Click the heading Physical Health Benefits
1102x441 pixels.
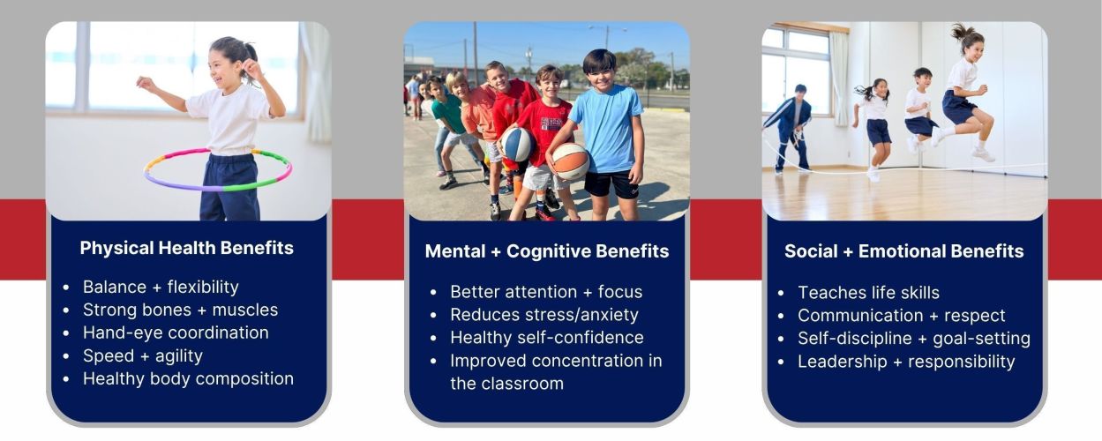(x=186, y=248)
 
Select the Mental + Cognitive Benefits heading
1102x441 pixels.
(x=546, y=250)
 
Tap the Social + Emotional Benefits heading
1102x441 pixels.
(x=903, y=250)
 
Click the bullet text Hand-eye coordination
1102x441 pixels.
(x=176, y=333)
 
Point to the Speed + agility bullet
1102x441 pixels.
(x=143, y=355)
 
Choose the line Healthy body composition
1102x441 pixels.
(x=188, y=378)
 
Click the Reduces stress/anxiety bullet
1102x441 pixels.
(x=544, y=315)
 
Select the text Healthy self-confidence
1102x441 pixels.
(x=546, y=337)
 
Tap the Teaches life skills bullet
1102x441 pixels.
(x=868, y=293)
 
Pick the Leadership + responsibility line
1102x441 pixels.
(x=906, y=362)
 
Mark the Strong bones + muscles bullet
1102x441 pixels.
(x=180, y=310)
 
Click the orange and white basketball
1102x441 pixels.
(x=571, y=161)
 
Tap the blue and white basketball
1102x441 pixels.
(x=517, y=144)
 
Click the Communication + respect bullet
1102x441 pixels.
(x=902, y=315)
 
